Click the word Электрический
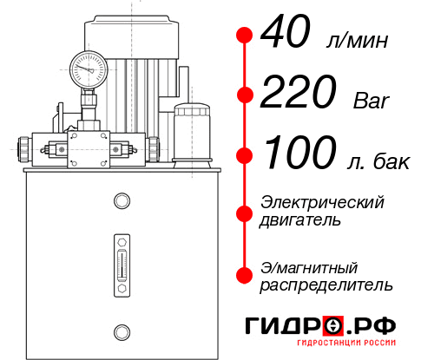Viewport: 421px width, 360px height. pyautogui.click(x=322, y=202)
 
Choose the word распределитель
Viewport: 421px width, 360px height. pyautogui.click(x=326, y=285)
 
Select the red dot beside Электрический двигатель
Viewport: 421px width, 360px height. pyautogui.click(x=245, y=212)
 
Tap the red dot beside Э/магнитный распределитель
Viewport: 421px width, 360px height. pyautogui.click(x=245, y=275)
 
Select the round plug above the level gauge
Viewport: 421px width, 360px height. pyautogui.click(x=121, y=201)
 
